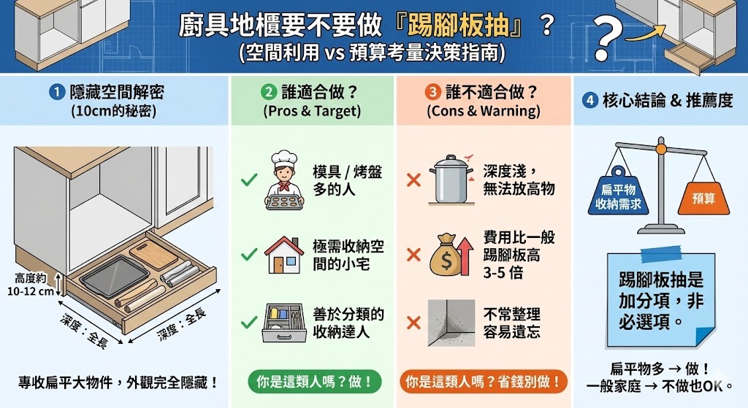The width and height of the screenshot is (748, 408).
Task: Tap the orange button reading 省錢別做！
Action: pyautogui.click(x=483, y=381)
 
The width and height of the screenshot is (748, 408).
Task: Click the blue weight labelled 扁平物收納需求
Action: pyautogui.click(x=615, y=196)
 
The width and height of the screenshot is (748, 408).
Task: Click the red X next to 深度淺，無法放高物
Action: pyautogui.click(x=413, y=179)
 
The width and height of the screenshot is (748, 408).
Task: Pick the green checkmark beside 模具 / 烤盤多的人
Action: pyautogui.click(x=248, y=179)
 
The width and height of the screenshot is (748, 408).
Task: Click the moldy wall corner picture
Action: pyautogui.click(x=451, y=322)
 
